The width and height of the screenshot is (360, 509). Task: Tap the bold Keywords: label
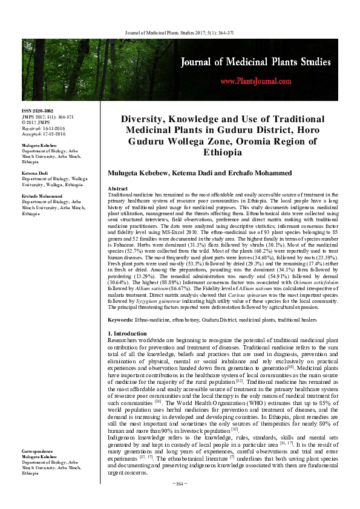coord(120,319)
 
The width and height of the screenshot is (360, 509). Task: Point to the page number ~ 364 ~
coord(180,500)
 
